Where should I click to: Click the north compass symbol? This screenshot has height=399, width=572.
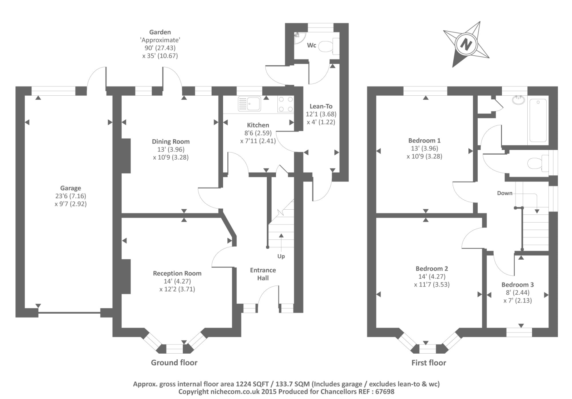tap(466, 44)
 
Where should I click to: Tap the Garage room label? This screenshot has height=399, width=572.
tap(70, 188)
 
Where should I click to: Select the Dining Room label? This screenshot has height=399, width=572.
tap(171, 141)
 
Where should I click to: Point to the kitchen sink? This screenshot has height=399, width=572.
tap(249, 104)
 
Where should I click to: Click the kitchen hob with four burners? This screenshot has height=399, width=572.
tap(286, 104)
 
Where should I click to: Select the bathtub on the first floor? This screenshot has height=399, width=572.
tap(538, 121)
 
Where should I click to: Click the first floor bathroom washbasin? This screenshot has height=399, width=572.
tap(518, 100)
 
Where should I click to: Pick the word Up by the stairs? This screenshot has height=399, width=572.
tap(281, 256)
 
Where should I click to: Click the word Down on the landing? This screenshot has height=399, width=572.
tap(504, 193)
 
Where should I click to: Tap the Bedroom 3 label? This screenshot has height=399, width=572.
tap(517, 285)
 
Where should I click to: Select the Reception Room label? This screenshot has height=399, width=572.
tap(177, 273)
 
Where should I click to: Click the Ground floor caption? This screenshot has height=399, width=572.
tap(174, 363)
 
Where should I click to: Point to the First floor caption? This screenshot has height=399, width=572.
tap(429, 363)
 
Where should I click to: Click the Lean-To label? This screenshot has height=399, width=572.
tap(321, 106)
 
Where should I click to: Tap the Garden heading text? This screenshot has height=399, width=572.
tap(160, 32)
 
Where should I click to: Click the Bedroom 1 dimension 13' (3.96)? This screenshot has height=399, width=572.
tap(424, 148)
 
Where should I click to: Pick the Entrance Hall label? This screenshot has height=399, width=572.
tap(263, 274)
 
